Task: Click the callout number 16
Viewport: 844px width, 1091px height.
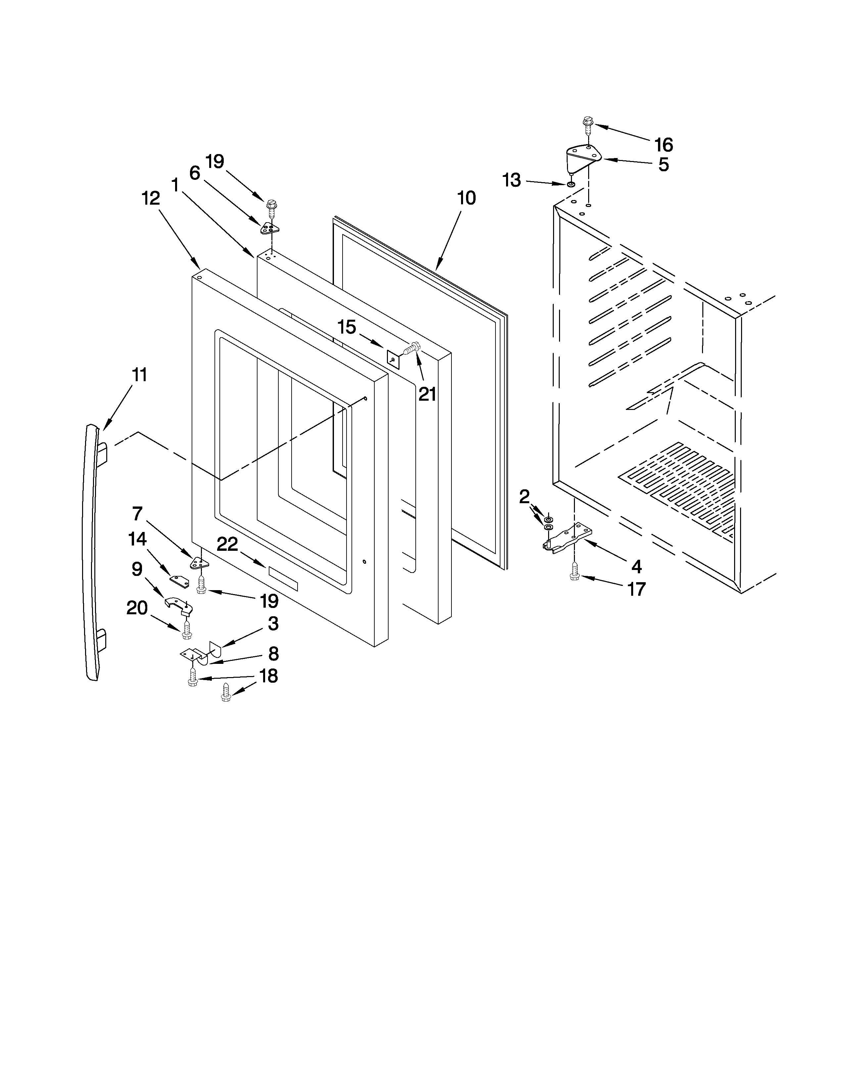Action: point(664,145)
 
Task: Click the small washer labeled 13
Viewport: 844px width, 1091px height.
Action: point(571,185)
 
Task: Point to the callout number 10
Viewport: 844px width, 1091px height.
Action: point(466,198)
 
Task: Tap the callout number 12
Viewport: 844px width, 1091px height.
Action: point(151,198)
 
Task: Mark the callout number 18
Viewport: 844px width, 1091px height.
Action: point(268,676)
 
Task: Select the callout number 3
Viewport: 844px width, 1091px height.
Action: point(272,624)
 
